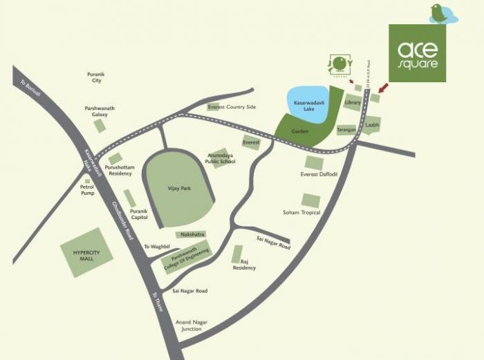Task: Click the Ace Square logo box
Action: [417, 53]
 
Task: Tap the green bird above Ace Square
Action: [438, 12]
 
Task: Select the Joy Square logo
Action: [339, 66]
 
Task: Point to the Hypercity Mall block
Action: [86, 252]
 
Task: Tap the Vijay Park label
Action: [178, 188]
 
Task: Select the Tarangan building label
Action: [346, 129]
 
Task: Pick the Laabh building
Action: [373, 124]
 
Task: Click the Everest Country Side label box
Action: [232, 107]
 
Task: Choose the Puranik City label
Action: [95, 77]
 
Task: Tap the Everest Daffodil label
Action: [318, 174]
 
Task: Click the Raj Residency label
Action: [244, 265]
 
